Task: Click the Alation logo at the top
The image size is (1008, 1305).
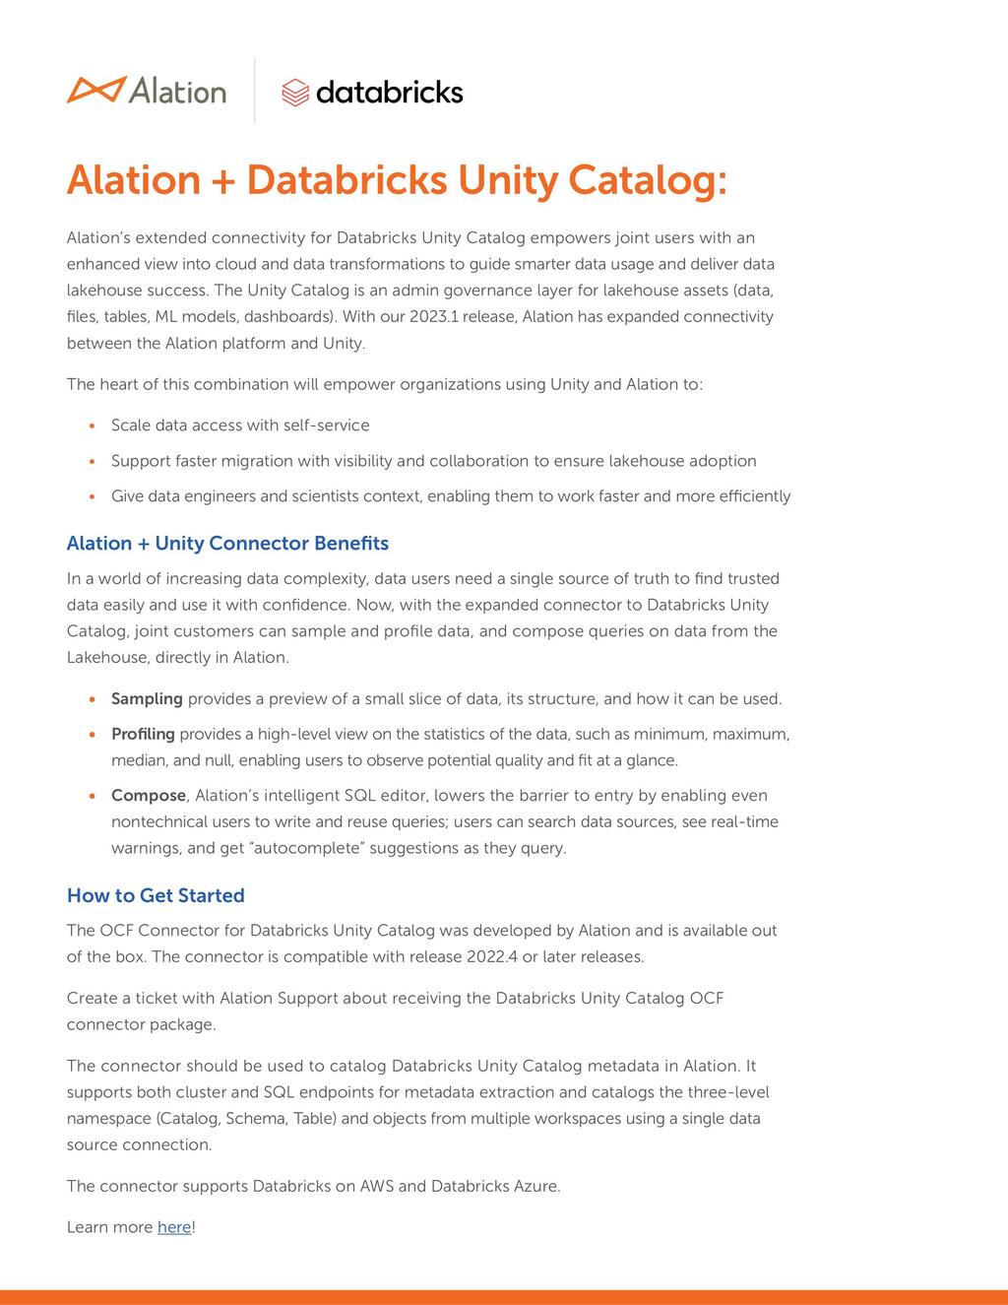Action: click(x=146, y=91)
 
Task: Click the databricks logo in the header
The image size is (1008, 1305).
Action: click(x=372, y=92)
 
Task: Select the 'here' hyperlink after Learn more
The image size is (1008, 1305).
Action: click(x=174, y=1227)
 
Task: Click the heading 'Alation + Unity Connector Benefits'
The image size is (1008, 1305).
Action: click(x=227, y=544)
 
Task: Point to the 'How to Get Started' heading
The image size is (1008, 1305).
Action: click(x=156, y=895)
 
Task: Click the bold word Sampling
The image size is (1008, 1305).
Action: click(x=147, y=699)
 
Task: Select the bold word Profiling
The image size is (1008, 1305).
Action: click(x=143, y=735)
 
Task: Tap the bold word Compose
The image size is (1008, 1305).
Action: click(x=149, y=796)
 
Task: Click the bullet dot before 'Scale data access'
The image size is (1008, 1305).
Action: click(x=92, y=426)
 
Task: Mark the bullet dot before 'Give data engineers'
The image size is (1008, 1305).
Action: click(x=92, y=497)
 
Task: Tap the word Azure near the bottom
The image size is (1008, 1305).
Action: click(x=536, y=1187)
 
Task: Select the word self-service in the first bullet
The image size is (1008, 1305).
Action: click(x=326, y=425)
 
